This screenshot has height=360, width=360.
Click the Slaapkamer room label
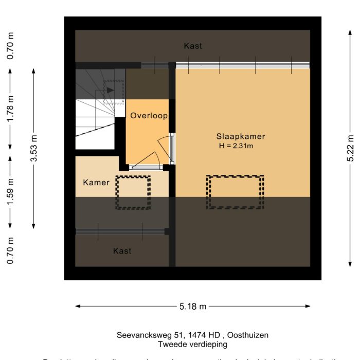pyautogui.click(x=241, y=137)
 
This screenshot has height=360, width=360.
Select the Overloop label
pyautogui.click(x=149, y=116)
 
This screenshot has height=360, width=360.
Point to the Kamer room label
pyautogui.click(x=96, y=182)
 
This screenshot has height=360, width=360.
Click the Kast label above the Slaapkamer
pyautogui.click(x=193, y=46)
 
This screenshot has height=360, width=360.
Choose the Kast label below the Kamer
pyautogui.click(x=122, y=251)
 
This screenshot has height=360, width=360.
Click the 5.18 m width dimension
pyautogui.click(x=193, y=307)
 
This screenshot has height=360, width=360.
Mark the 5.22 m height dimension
pyautogui.click(x=351, y=149)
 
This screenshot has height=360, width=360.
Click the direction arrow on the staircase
pyautogui.click(x=110, y=90)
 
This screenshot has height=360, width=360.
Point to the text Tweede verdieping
pyautogui.click(x=192, y=344)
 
